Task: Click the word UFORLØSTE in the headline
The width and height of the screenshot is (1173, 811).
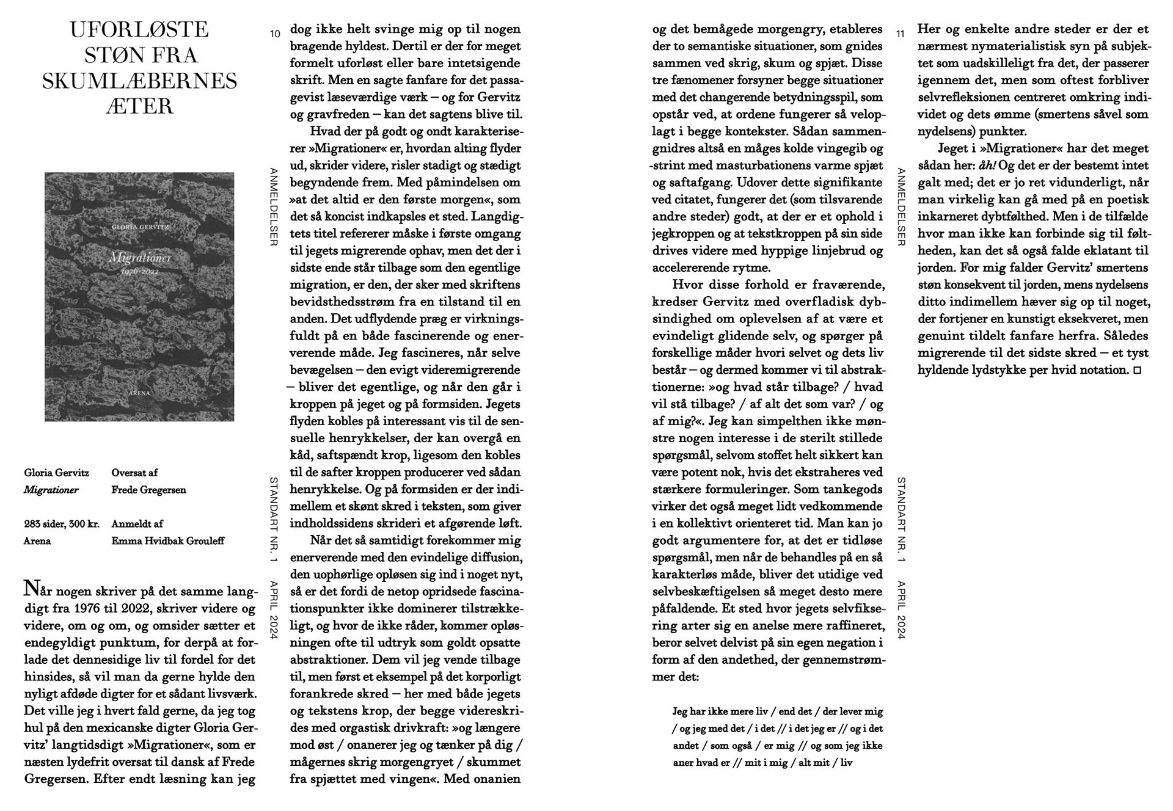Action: coord(139,29)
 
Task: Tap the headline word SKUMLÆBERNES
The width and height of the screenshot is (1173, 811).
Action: coord(139,81)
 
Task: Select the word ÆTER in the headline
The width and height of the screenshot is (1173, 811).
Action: coord(139,106)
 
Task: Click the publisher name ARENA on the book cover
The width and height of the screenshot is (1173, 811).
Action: coord(139,393)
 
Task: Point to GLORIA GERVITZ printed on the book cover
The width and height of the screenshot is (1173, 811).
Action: coord(140,227)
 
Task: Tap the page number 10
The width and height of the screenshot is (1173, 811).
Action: coord(275,34)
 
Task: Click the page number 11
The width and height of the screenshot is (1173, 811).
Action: coord(900,34)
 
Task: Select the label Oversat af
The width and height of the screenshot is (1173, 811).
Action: coord(134,473)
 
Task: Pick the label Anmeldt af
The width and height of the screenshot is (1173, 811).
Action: coord(137,524)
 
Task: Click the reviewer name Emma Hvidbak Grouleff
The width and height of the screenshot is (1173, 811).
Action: coord(167,541)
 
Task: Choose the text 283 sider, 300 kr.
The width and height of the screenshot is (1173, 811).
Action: coord(61,524)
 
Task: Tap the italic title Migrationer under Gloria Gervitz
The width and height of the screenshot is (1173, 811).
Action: coord(51,490)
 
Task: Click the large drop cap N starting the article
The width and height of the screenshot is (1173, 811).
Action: coord(31,588)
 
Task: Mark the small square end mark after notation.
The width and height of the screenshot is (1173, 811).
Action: coord(1137,370)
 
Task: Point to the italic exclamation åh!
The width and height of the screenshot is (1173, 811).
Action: coord(987,165)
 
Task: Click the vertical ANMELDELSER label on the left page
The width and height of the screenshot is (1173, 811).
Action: coord(274,207)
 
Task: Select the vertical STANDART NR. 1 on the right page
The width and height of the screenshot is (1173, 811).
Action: coord(901,520)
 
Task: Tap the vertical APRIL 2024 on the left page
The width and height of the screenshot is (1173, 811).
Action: coord(274,609)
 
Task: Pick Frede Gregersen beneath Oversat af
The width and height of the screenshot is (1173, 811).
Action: coord(148,490)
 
